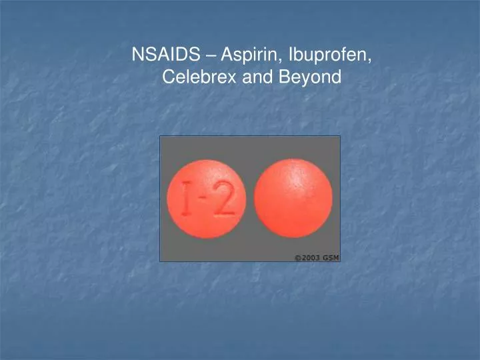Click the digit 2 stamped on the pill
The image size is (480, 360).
click(x=225, y=199)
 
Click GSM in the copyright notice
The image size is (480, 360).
click(x=331, y=257)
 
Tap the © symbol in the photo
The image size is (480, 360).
click(x=298, y=257)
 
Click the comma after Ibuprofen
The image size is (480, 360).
click(x=370, y=60)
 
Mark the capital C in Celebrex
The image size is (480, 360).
click(x=168, y=77)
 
